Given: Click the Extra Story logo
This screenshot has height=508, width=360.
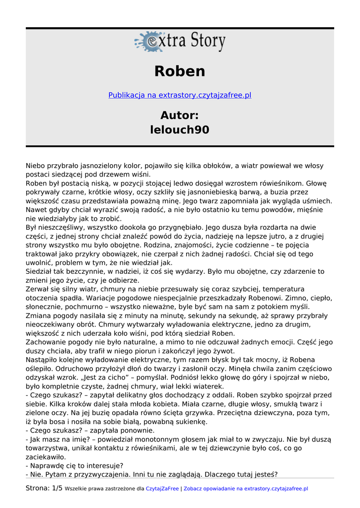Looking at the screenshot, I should click(x=180, y=42).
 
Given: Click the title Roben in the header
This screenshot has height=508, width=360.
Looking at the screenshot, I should click(x=180, y=71).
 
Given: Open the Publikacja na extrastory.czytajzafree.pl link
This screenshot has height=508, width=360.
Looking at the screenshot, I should click(x=180, y=95).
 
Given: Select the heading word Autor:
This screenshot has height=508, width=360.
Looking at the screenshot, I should click(x=180, y=116).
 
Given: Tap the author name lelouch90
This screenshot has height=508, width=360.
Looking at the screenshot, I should click(x=180, y=130).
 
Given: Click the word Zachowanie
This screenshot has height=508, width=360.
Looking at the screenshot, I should click(x=45, y=342).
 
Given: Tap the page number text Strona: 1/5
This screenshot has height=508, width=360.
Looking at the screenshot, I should click(x=44, y=489).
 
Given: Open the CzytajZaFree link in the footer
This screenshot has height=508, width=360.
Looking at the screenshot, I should click(x=162, y=489).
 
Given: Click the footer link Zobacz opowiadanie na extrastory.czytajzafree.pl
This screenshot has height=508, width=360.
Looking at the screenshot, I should click(x=246, y=489).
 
